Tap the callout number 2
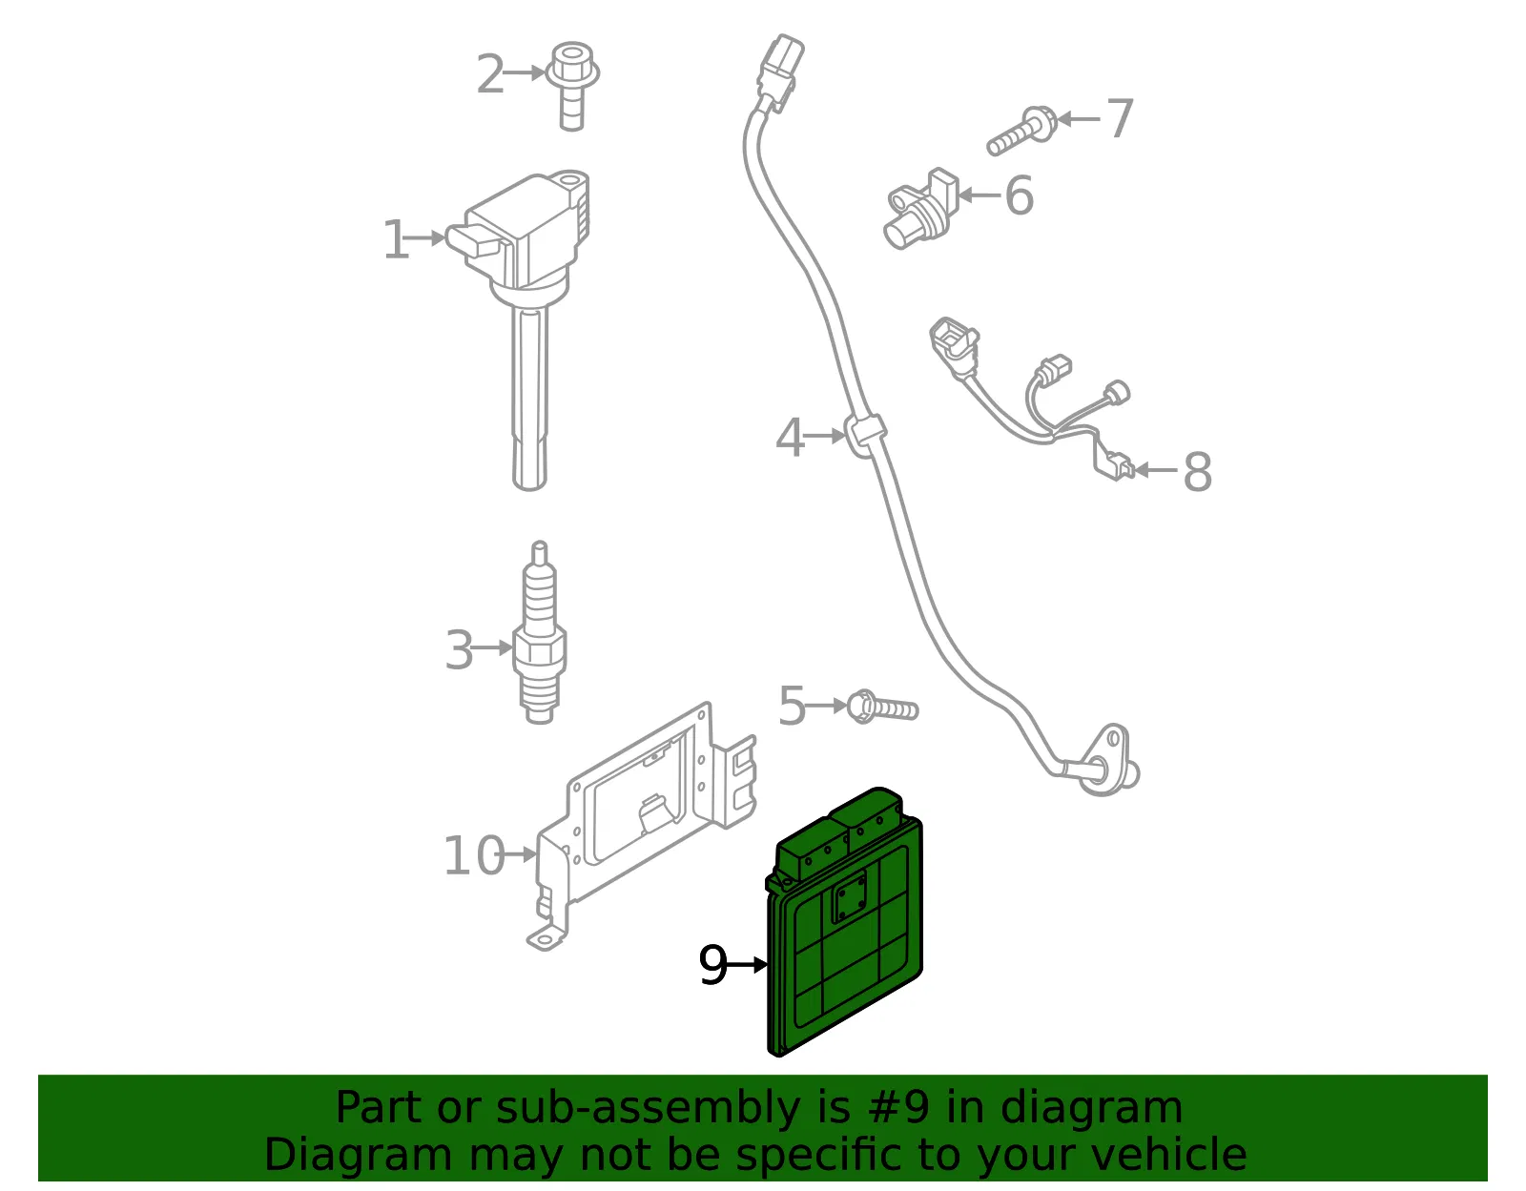tap(490, 73)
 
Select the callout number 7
tap(1120, 118)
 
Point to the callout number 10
tap(474, 855)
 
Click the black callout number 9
tap(712, 965)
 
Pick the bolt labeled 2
tap(572, 86)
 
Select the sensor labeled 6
tap(921, 210)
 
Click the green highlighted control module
tap(844, 922)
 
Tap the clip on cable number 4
tap(864, 435)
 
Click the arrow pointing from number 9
tap(747, 965)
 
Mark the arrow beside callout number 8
tap(1156, 469)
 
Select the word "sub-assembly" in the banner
tap(648, 1107)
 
